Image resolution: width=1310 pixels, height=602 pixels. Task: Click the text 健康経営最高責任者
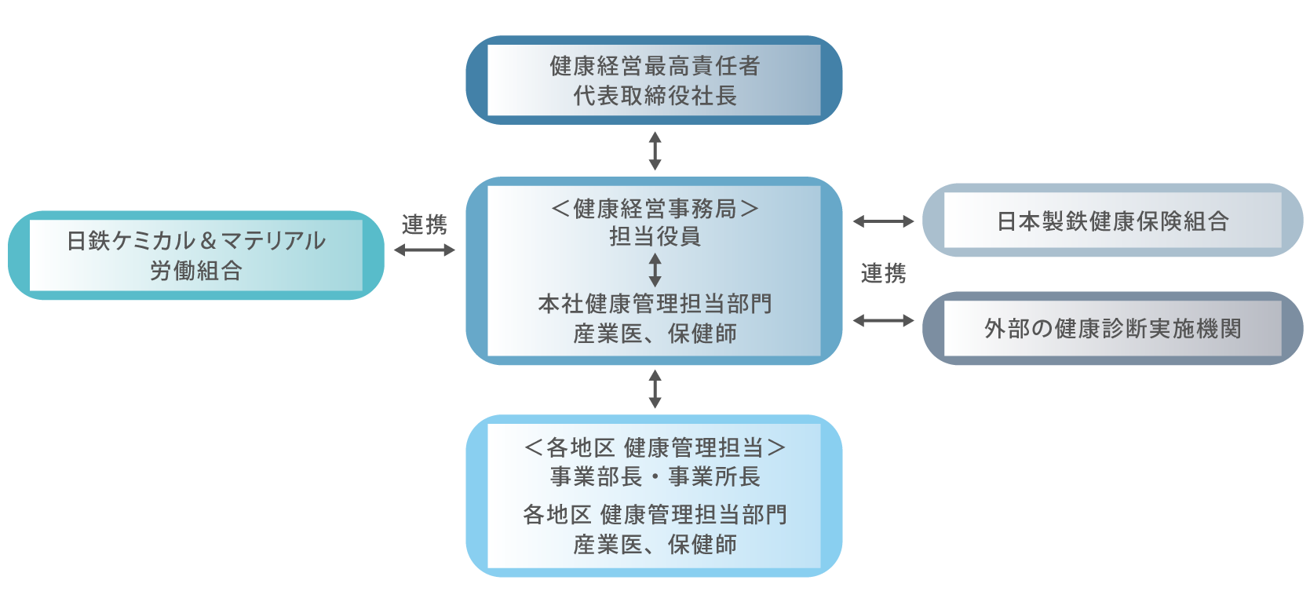655,66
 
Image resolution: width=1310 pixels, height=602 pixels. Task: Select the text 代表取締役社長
655,96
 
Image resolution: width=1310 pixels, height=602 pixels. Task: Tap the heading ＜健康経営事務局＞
655,209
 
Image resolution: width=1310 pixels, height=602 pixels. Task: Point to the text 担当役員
655,236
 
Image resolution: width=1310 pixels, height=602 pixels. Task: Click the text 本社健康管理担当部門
655,304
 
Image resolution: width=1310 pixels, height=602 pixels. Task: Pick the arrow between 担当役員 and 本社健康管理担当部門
655,270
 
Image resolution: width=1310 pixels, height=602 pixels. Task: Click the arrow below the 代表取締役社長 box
655,151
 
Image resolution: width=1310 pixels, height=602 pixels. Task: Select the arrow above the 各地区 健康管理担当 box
655,389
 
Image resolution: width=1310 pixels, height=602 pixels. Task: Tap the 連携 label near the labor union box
425,225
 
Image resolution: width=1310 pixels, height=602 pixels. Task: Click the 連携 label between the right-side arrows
883,273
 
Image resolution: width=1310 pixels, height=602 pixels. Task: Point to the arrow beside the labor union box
425,250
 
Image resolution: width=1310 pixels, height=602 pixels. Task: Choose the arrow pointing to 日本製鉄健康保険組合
883,222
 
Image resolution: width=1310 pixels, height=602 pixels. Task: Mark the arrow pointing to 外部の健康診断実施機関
883,320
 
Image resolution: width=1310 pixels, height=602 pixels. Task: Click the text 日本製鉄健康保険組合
1112,221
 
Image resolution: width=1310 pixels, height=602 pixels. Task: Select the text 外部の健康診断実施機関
1112,328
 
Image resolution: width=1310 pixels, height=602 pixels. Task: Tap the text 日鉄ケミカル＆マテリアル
196,241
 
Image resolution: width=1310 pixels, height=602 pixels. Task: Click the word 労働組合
196,271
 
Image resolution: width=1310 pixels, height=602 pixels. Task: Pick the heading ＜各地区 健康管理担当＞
655,447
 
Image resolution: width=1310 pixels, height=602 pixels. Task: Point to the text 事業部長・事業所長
655,476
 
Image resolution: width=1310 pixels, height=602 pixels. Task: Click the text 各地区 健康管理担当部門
655,515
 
